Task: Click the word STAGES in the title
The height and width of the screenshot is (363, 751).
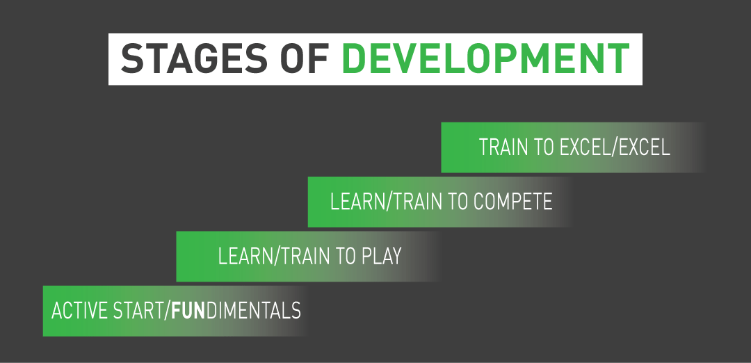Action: pos(193,58)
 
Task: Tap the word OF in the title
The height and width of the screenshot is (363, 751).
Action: pos(304,58)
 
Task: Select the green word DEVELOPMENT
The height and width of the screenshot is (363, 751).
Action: pos(485,58)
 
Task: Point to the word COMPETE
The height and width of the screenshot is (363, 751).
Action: pos(512,202)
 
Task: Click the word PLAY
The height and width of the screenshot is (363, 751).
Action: pos(381,256)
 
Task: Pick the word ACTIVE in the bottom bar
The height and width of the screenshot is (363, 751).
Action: pos(79,310)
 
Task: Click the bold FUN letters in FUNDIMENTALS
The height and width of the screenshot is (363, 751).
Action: pos(188,310)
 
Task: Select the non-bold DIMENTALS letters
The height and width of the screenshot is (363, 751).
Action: pos(253,310)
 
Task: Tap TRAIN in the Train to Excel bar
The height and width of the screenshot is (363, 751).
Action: pos(503,147)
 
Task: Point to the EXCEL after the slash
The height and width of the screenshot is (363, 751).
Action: pos(644,147)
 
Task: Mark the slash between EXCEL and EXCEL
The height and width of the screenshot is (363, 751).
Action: pos(615,147)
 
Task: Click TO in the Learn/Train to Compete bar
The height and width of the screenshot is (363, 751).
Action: pos(456,202)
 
